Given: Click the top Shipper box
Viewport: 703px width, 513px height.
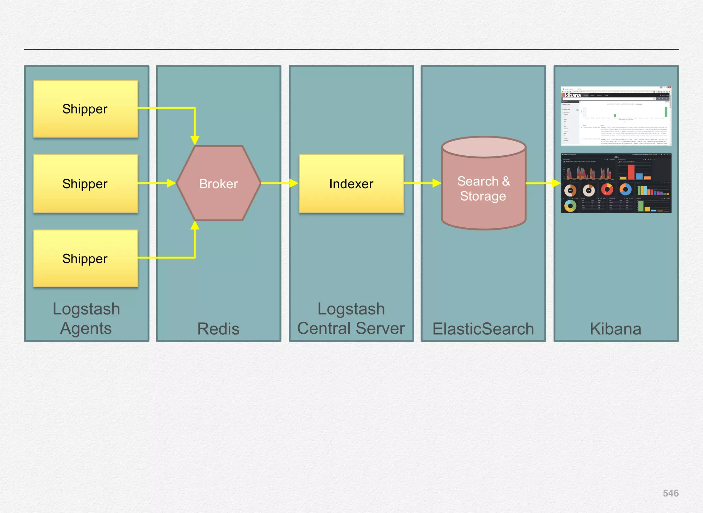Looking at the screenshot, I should pos(86,109).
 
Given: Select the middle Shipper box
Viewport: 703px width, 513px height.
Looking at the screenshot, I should pos(86,184).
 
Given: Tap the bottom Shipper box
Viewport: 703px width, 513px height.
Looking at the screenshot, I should pos(86,259).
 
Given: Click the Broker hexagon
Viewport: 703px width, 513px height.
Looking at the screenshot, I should pos(219,184).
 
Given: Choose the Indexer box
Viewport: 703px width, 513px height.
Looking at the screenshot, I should pos(351,184).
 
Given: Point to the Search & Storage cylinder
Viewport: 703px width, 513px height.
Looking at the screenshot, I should pos(484,189).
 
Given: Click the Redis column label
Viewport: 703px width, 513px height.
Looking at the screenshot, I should pos(218,329).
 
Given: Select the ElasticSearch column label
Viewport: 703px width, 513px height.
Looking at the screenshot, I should pos(483,329).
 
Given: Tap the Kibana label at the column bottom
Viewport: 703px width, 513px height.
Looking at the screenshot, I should pos(615,329).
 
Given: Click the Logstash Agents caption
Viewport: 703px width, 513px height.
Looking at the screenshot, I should pos(86,319).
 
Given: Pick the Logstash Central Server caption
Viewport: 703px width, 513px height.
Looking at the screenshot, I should pos(351,319).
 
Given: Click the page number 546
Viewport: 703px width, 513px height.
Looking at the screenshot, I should pos(670,493).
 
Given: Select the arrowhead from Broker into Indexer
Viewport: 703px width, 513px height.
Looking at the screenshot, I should pos(294,183).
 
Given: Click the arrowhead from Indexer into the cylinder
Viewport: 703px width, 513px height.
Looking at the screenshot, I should pos(437,183).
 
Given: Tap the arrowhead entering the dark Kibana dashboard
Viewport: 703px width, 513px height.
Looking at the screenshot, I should pos(556,183).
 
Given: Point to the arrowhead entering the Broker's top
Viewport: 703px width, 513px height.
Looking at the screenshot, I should pos(195,140).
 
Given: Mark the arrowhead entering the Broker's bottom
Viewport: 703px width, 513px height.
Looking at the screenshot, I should pos(195,225).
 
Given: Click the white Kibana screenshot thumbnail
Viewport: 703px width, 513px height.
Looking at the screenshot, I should pos(616,116).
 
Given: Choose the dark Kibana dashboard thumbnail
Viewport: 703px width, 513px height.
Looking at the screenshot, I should pos(616,183).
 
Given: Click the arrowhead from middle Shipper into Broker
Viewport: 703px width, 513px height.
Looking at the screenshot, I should pos(171,183).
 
